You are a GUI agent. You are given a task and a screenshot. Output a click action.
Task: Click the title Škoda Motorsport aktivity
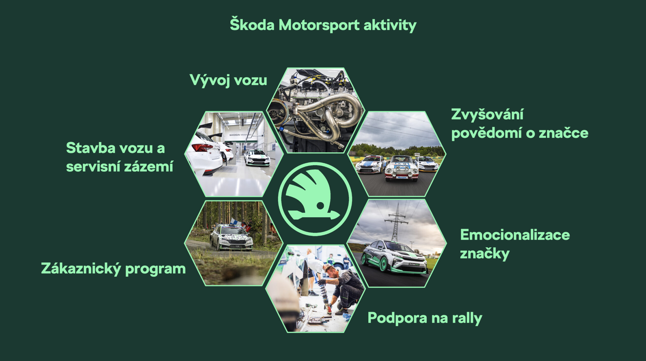pos(323,25)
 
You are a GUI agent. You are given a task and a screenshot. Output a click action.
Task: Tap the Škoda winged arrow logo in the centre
pos(315,199)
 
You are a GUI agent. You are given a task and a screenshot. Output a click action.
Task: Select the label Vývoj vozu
pos(228,80)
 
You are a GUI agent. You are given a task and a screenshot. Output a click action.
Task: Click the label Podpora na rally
pos(425,318)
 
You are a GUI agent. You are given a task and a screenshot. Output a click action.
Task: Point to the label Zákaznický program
pos(113,269)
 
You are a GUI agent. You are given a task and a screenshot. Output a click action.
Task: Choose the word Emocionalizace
pos(515,235)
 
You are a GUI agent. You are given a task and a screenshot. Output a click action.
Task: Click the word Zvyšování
pos(487,114)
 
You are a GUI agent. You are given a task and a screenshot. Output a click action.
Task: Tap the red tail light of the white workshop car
pos(202,147)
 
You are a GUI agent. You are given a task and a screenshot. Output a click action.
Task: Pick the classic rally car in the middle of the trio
pos(401,168)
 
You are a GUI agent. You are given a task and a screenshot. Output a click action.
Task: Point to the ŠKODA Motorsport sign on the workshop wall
pos(240,135)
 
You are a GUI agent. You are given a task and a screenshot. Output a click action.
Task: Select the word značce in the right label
pos(563,133)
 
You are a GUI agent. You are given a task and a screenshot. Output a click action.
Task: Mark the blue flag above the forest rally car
pos(235,222)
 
